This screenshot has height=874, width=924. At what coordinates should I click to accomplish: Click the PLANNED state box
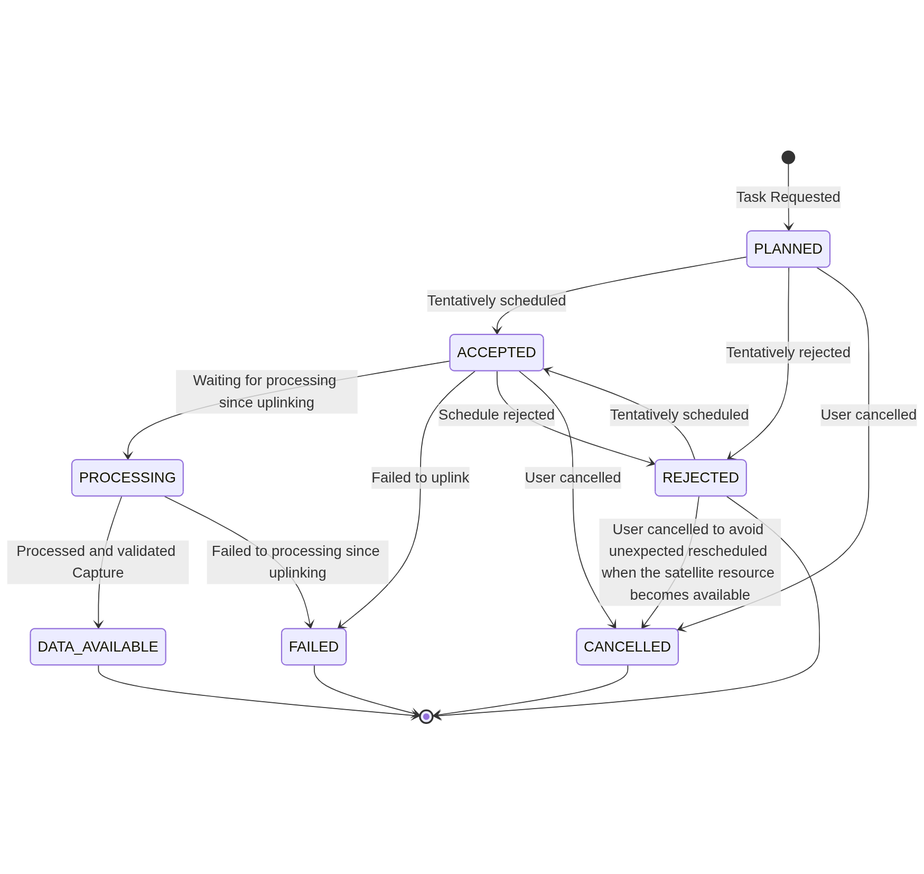coord(788,249)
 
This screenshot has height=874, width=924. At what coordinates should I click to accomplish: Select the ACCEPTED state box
coord(496,352)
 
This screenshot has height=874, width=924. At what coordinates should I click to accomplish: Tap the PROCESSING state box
coord(127,478)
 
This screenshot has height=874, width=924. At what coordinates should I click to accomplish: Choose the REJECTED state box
coord(701,478)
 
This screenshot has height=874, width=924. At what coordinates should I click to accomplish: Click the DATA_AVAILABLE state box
coord(98,647)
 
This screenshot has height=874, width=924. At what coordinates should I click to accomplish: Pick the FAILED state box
coord(314,647)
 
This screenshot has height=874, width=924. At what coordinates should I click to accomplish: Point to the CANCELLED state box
coord(627,647)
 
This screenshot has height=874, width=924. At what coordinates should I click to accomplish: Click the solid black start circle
coord(788,157)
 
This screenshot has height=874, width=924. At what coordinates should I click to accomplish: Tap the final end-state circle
coord(426,717)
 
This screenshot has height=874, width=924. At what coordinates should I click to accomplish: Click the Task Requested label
coord(788,197)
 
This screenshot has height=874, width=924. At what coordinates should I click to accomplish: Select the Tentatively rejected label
coord(788,352)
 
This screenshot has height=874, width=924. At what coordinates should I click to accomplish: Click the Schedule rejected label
coord(496,415)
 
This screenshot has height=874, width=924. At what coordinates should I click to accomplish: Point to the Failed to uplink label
coord(420,478)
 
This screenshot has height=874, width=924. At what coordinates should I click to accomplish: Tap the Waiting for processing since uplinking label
coord(266,392)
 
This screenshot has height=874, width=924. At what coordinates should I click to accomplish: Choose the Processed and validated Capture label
coord(98,562)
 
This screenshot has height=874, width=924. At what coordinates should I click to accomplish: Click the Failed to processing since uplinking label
coord(297,562)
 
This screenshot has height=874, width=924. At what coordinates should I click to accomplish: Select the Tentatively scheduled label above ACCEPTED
coord(496,301)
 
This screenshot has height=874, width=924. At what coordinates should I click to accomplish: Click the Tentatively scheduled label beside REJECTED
coord(679,415)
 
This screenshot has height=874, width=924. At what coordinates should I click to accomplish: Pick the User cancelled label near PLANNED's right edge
coord(868,415)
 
